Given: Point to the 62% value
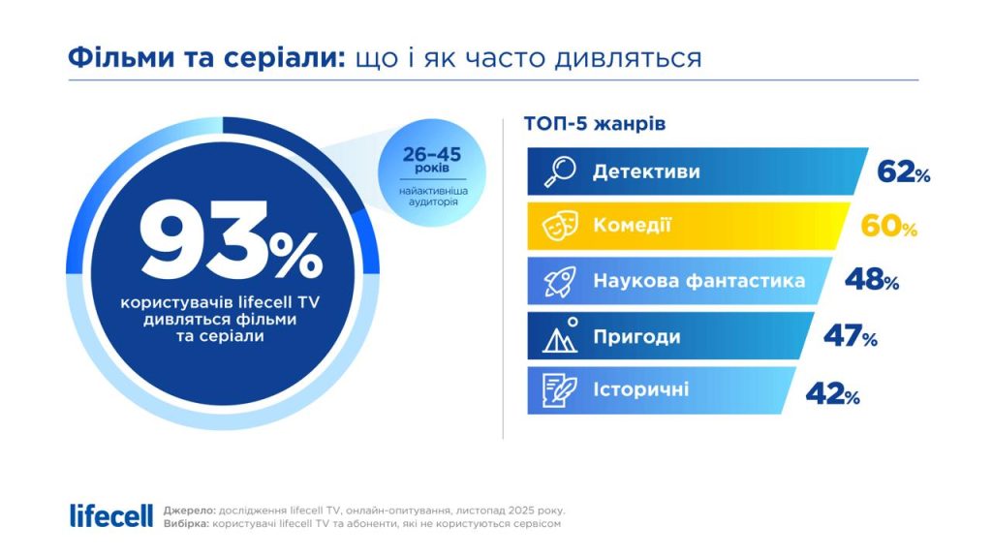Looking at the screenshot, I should coord(903,172).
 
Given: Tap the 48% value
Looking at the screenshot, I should coord(871,281).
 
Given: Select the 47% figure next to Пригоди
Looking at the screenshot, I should coord(850,336).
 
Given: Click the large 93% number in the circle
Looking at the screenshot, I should coord(230,251).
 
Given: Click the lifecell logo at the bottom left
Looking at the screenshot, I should coord(111,515).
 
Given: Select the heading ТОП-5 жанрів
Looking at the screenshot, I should coord(594,124).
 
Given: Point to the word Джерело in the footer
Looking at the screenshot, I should coord(189,510).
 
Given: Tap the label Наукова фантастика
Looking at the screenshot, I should coord(698,281).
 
